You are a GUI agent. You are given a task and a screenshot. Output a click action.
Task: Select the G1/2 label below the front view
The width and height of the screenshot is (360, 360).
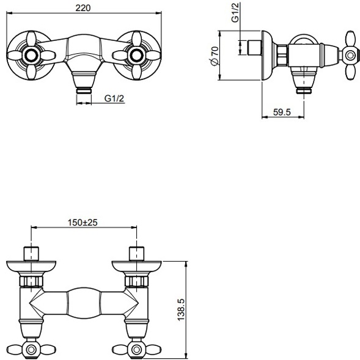click(x=114, y=97)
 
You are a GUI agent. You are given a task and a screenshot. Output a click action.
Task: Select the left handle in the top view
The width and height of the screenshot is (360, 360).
click(x=30, y=349)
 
